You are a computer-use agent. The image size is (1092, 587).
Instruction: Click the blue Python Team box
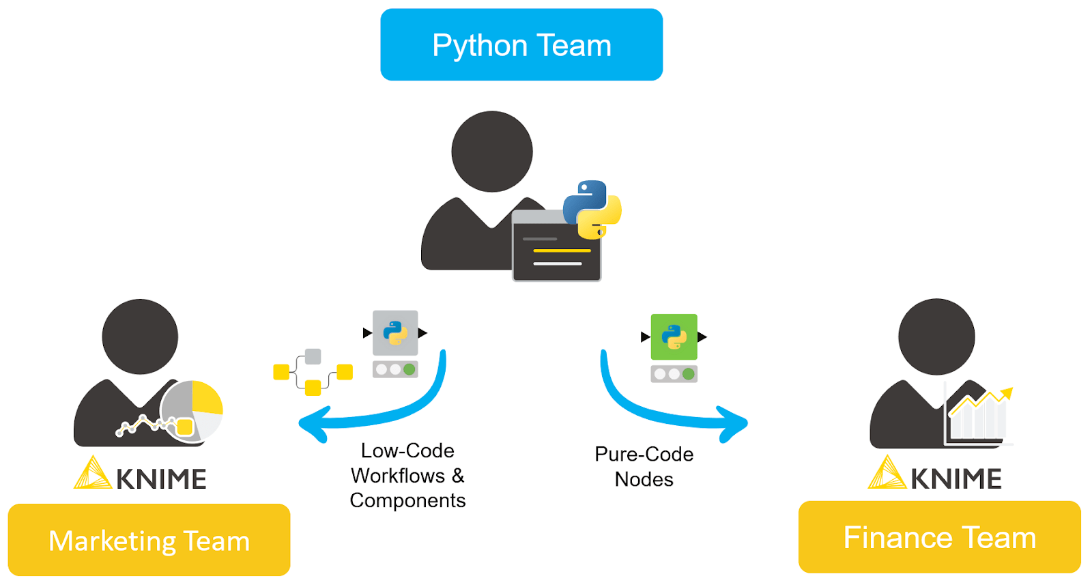pos(521,45)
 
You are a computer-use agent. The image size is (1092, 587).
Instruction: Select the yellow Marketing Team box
pos(149,540)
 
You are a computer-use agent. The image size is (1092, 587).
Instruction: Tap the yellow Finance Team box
pos(939,537)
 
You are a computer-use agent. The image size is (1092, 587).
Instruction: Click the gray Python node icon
pos(395,333)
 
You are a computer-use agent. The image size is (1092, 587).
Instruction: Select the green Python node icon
pos(674,337)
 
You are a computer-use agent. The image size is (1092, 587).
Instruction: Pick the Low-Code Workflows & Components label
pos(407,476)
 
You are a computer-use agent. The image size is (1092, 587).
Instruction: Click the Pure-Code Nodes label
pos(644,467)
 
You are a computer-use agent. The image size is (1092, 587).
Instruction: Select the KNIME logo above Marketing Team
pos(141,474)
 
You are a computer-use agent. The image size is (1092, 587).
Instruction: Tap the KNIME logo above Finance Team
pos(935,474)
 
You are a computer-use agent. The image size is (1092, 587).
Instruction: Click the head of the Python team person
pos(492,152)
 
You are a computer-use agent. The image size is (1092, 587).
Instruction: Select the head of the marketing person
pos(140,337)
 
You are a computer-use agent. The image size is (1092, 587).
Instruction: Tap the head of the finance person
pos(936,337)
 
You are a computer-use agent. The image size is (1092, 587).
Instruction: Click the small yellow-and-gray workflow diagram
pos(313,373)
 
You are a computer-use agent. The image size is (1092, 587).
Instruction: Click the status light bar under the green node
pos(674,374)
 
